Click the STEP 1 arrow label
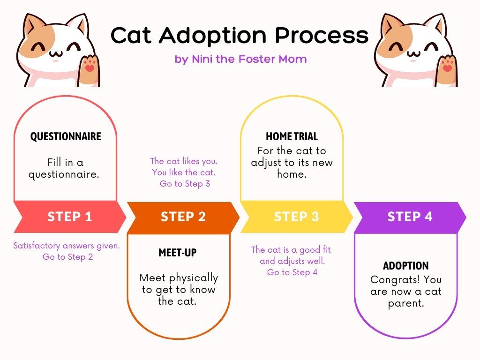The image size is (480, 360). click(70, 217)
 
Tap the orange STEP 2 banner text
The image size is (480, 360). click(183, 217)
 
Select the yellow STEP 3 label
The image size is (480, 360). click(296, 217)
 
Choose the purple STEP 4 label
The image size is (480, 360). click(410, 217)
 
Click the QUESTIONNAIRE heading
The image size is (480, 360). click(66, 136)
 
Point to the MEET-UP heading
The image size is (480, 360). click(178, 253)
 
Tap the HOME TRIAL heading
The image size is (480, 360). click(292, 136)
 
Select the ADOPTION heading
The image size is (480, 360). click(405, 266)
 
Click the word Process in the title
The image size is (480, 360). click(322, 35)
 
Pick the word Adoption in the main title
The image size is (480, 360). click(213, 36)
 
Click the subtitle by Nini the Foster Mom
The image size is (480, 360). click(240, 59)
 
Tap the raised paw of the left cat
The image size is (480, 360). click(89, 68)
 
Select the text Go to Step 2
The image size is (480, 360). click(67, 257)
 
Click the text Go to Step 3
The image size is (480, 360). click(185, 184)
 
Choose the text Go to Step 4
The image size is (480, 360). click(292, 272)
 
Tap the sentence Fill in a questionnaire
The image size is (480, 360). click(64, 168)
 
